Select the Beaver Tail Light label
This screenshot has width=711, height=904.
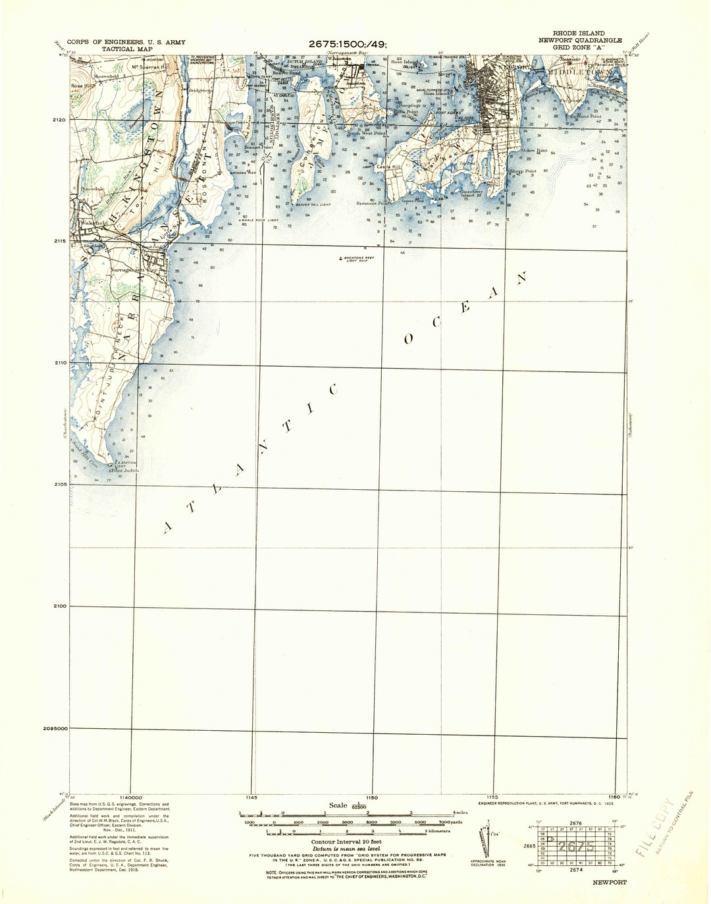click(312, 205)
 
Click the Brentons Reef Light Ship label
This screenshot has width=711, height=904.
click(355, 259)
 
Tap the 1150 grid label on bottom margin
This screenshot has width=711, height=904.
click(373, 798)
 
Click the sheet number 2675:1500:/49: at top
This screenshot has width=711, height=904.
click(348, 44)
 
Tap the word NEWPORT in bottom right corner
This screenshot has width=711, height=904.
click(609, 882)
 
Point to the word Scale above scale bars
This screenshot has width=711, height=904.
click(338, 805)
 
